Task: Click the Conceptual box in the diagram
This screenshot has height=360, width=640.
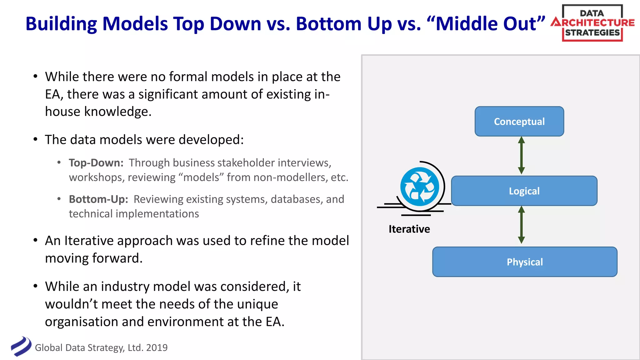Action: [519, 121]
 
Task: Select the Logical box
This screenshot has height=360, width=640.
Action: [524, 191]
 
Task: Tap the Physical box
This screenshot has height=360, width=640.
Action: [525, 262]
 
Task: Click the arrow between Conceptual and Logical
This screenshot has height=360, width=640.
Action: [521, 155]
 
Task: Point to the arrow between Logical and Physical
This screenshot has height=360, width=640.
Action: [521, 225]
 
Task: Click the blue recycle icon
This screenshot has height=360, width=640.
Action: [420, 187]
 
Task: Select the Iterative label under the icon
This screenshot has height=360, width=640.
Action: [409, 229]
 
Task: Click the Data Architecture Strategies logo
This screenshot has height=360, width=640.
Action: [592, 23]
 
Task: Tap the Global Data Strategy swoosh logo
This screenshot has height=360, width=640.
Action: [21, 346]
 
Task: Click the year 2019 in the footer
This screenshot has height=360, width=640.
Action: [157, 347]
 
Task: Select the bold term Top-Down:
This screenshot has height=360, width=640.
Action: [96, 163]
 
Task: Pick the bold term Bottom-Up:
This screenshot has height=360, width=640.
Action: [98, 199]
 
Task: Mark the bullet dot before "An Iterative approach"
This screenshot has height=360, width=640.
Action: [35, 240]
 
